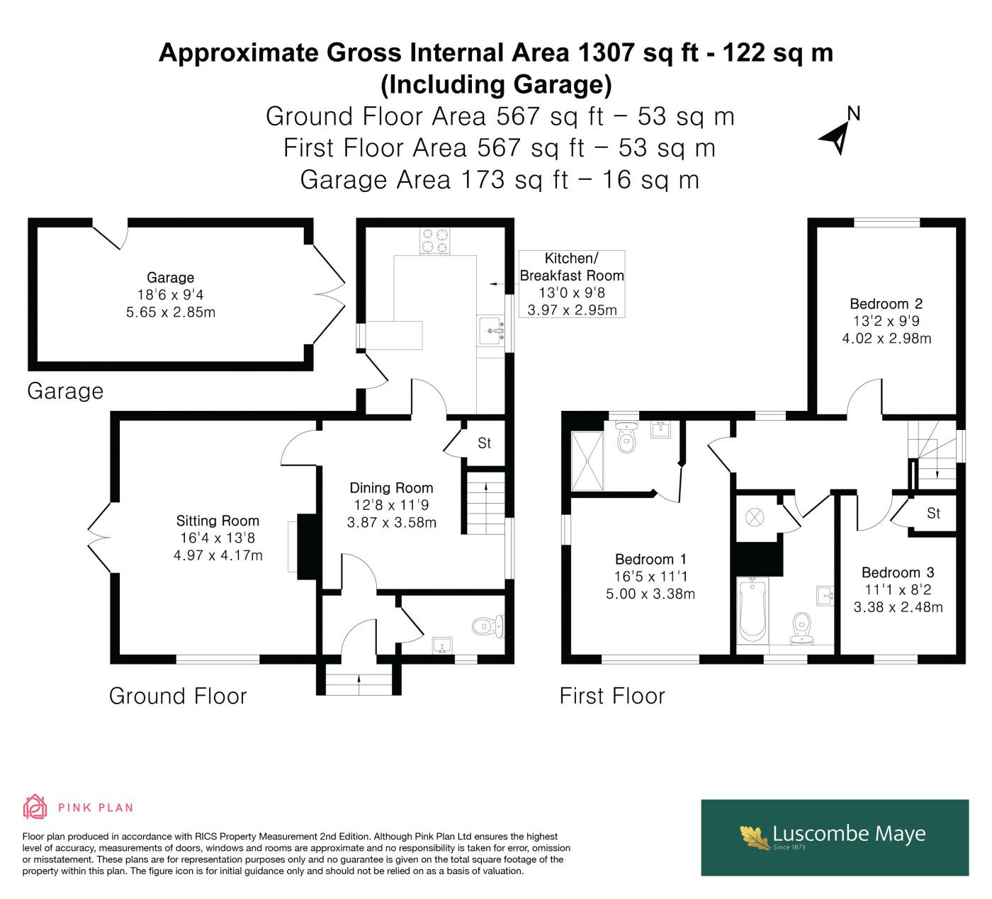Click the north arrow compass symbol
click(838, 138)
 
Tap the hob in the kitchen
click(434, 241)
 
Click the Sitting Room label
click(218, 521)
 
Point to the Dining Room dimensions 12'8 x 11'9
click(391, 505)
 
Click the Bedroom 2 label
click(886, 304)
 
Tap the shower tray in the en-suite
click(587, 461)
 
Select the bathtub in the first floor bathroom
click(753, 610)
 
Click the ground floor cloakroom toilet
click(487, 626)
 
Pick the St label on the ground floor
click(484, 443)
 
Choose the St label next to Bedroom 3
click(933, 514)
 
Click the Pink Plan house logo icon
click(35, 807)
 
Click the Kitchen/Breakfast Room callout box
click(572, 284)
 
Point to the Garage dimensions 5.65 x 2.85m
click(171, 312)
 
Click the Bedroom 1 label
click(650, 559)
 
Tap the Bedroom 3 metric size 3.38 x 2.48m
click(898, 606)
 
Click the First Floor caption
click(612, 696)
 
